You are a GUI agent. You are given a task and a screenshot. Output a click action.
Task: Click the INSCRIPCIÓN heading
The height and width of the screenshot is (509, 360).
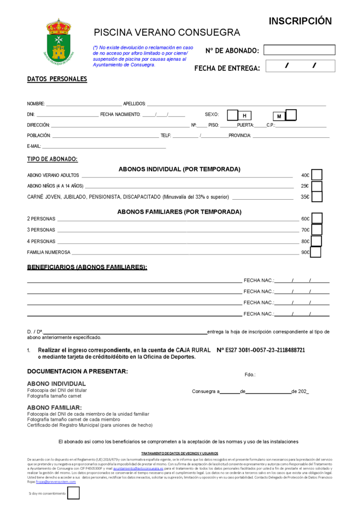(x=300, y=21)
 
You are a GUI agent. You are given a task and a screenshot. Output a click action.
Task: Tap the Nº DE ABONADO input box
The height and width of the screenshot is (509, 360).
(x=299, y=50)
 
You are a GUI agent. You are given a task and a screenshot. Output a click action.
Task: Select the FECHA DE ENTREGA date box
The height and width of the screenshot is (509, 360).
(x=300, y=66)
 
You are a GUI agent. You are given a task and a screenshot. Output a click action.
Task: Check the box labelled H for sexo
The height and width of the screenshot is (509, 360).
(x=233, y=115)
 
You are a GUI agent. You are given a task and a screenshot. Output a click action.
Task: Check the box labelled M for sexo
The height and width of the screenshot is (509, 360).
(x=291, y=115)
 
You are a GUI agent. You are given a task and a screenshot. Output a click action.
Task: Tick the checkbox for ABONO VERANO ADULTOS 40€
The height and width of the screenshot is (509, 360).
(x=317, y=175)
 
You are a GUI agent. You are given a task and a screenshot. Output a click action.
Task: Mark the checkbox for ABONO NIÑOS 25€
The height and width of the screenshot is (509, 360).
(x=317, y=186)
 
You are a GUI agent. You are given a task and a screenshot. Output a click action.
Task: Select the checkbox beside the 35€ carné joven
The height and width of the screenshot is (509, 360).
(x=317, y=197)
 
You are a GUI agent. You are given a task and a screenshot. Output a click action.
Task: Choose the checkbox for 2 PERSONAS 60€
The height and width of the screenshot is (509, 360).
(x=317, y=218)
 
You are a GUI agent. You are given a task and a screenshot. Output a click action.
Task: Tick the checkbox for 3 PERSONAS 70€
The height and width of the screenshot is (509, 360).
(x=317, y=230)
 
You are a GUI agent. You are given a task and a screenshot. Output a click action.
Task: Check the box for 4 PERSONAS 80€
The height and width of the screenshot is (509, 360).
(x=317, y=241)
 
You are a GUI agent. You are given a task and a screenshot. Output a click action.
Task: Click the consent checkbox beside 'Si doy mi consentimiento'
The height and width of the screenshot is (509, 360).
(x=73, y=493)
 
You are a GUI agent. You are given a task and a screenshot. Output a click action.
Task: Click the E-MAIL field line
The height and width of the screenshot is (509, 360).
(x=104, y=146)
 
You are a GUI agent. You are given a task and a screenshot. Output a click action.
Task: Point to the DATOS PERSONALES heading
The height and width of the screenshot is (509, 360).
(x=57, y=79)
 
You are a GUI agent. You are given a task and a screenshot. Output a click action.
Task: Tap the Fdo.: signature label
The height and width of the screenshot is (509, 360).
(x=250, y=375)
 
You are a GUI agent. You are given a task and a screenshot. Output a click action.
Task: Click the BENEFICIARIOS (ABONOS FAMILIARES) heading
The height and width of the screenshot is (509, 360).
(x=87, y=267)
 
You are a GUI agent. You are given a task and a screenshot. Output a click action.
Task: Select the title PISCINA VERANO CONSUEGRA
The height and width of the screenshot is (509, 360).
(x=167, y=33)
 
